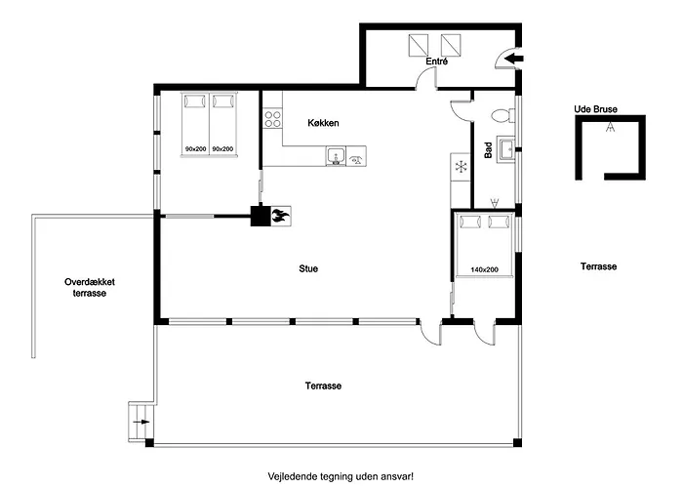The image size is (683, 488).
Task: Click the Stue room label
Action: click(308, 268)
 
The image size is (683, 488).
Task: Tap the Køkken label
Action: click(323, 124)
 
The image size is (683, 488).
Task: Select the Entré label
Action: click(437, 62)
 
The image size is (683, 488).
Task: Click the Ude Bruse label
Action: click(595, 109)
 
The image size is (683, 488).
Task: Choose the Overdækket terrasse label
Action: click(96, 287)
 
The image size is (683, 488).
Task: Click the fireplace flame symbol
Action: click(279, 217)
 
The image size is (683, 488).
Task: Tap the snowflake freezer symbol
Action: click(461, 167)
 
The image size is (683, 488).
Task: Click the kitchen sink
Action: click(335, 156)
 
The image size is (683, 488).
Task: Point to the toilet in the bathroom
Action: click(502, 115)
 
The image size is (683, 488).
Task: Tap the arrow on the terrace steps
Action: click(141, 423)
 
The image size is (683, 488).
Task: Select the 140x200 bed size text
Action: click(485, 268)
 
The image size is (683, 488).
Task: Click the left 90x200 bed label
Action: click(195, 148)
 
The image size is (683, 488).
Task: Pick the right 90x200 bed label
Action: click(223, 148)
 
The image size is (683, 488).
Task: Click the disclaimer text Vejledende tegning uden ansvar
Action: click(341, 476)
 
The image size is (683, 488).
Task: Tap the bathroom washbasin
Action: click(506, 149)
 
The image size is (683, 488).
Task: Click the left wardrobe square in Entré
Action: click(418, 45)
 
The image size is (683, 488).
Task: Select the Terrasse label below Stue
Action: click(323, 386)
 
